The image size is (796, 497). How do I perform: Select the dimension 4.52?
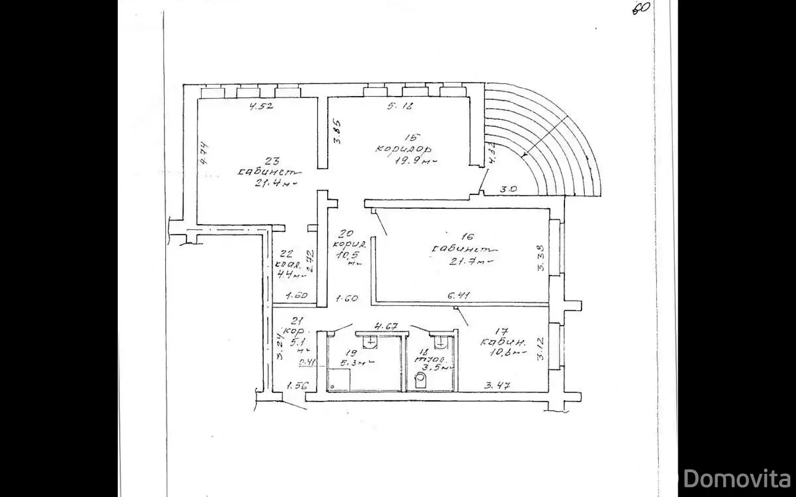(x=261, y=107)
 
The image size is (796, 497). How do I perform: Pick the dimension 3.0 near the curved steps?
(x=508, y=189)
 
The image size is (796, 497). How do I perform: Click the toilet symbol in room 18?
(x=421, y=380)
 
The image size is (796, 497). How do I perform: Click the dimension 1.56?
(x=297, y=386)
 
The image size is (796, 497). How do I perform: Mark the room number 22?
(x=286, y=253)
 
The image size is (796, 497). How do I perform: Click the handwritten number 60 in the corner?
(x=641, y=8)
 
